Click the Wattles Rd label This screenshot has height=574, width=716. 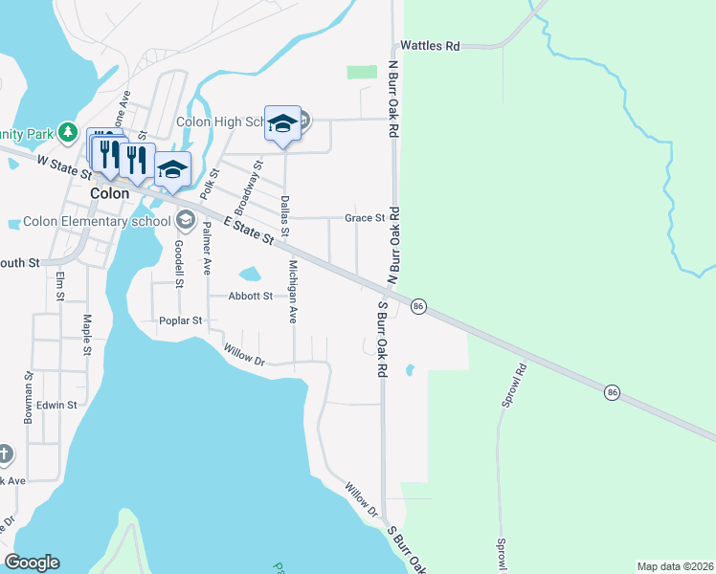coord(431,45)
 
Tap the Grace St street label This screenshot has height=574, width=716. coord(364,218)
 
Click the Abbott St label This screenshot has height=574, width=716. coord(251,296)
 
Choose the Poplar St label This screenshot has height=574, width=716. coord(182,320)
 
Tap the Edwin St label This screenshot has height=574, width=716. coord(57,405)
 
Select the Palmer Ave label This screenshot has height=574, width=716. coord(207,249)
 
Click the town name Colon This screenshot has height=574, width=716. coord(108,192)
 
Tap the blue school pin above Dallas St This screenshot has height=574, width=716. coord(282,124)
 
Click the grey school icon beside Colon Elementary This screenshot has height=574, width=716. coord(184,221)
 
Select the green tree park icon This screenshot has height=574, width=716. coord(67,131)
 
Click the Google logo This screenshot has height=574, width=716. coord(32,563)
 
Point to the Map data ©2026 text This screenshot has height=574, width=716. coord(674,566)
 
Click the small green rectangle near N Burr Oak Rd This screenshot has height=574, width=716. coord(362,72)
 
